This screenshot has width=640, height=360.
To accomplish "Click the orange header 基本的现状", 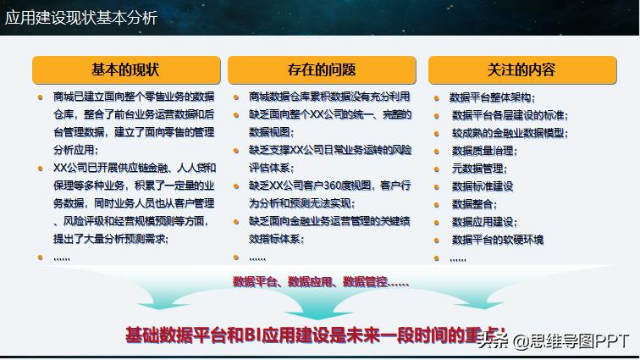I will (125, 69).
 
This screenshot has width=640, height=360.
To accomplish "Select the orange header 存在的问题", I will (322, 69).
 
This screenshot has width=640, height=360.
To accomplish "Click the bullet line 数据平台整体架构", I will (492, 97).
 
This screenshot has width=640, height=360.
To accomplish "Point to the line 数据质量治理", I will (484, 151).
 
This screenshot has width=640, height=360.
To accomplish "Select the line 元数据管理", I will (478, 169).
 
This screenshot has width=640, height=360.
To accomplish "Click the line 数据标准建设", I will (483, 186).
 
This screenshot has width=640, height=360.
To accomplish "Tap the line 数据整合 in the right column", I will (474, 204).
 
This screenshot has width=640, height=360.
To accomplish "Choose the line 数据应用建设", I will (484, 222).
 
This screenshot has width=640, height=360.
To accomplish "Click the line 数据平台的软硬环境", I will (498, 240).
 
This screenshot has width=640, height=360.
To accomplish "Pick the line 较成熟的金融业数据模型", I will (510, 133).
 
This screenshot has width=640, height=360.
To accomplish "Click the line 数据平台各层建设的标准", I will (510, 115).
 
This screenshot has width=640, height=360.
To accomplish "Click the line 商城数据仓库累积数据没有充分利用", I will (329, 97).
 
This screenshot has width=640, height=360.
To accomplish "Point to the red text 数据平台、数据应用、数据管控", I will (321, 281).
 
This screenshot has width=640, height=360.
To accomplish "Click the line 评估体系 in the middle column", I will (270, 168).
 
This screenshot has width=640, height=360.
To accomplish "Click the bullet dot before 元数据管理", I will (437, 169).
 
